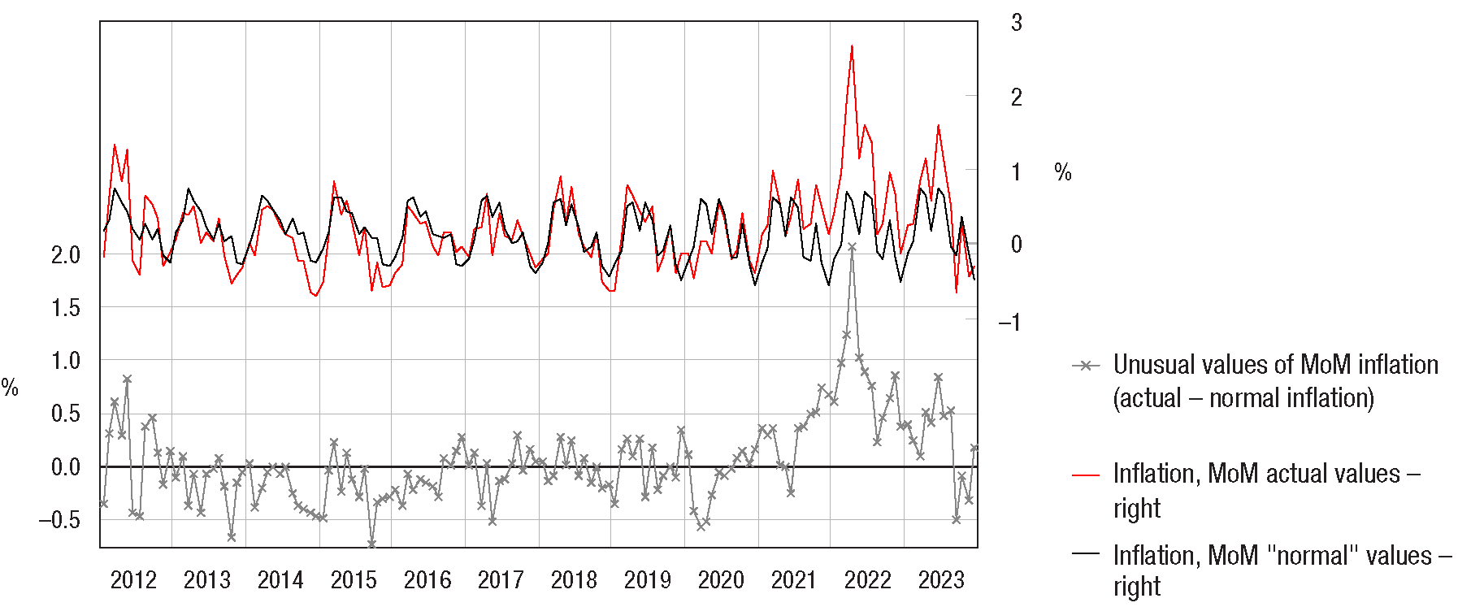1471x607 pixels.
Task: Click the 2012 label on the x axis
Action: coord(133,580)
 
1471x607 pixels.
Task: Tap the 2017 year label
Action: coord(501,580)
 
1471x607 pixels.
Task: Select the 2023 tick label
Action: coord(941,580)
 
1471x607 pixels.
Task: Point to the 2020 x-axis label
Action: coord(721,580)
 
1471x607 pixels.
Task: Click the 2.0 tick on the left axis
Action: coord(66,255)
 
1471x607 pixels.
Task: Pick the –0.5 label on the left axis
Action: coord(59,520)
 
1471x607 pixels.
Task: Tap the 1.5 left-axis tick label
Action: coord(66,308)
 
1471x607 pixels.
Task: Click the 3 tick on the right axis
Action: coord(1017,23)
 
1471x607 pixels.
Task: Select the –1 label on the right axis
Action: coord(1009,323)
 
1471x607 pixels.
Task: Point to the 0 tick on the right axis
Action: coord(1017,245)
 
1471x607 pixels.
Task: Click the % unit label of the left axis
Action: coord(10,388)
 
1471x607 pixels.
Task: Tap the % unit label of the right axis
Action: coord(1063,172)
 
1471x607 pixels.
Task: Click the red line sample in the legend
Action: coord(1086,475)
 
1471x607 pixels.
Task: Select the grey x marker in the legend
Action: coord(1086,366)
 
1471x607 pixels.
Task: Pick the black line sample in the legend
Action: coord(1086,554)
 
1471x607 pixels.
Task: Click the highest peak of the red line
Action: coord(852,46)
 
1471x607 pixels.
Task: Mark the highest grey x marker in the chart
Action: coord(852,247)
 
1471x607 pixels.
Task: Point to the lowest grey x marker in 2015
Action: coord(371,544)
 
